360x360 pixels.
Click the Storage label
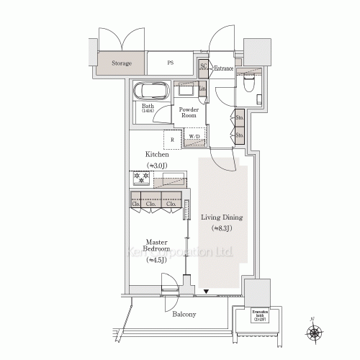click(x=122, y=63)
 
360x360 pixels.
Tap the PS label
click(x=171, y=63)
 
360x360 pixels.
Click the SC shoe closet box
click(x=203, y=66)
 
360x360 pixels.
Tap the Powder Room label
click(x=189, y=112)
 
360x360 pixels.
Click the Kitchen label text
click(x=157, y=154)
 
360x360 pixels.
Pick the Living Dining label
click(x=221, y=217)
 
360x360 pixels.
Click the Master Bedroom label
click(x=156, y=246)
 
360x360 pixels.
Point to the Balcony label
click(x=184, y=314)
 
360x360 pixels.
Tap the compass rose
click(x=315, y=331)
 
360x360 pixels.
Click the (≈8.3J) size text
click(x=221, y=228)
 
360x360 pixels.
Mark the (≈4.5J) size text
click(x=156, y=260)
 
